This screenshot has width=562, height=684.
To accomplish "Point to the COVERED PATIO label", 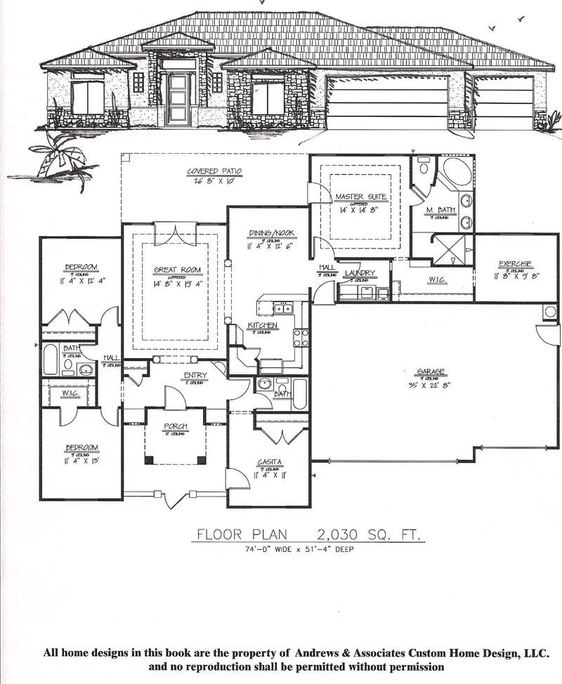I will pyautogui.click(x=214, y=171).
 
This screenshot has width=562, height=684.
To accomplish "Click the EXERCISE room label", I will pyautogui.click(x=515, y=264).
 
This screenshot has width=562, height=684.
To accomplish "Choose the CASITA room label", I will pyautogui.click(x=269, y=461).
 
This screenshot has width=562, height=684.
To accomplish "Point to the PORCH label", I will pyautogui.click(x=175, y=426).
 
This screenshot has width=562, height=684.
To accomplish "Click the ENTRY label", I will pyautogui.click(x=195, y=375).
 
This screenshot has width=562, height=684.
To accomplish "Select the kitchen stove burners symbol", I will pyautogui.click(x=301, y=338).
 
